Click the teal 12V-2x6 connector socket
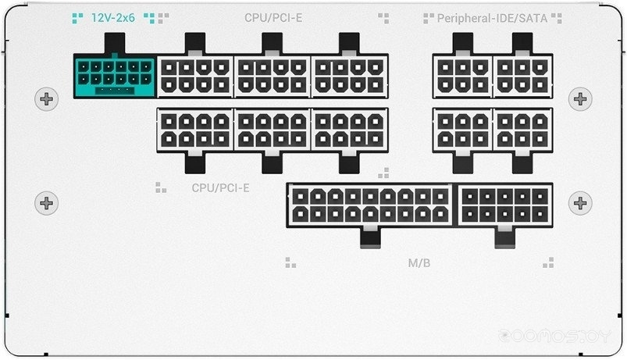(x=114, y=77)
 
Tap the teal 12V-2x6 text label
(x=113, y=16)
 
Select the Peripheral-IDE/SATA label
(x=492, y=17)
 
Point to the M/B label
(x=419, y=262)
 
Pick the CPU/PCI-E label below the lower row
(x=221, y=188)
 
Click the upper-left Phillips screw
(x=48, y=99)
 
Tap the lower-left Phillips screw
(x=48, y=203)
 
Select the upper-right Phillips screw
(x=580, y=99)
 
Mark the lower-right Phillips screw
(x=580, y=203)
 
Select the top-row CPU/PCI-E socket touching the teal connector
(x=195, y=76)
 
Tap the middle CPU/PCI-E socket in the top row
(x=273, y=76)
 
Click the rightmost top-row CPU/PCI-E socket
(x=349, y=76)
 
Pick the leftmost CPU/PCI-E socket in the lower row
(x=195, y=129)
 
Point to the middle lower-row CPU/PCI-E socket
(x=273, y=129)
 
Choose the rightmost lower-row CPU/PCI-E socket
(x=349, y=129)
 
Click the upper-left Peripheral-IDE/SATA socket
(x=462, y=76)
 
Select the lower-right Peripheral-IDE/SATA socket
(x=522, y=129)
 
